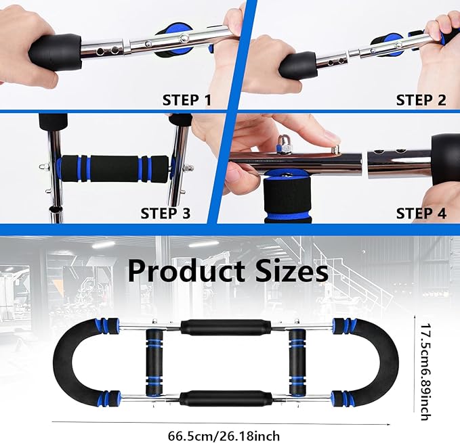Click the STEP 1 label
[186, 101]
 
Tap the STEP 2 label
[421, 101]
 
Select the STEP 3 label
[165, 214]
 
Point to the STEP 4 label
[421, 214]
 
